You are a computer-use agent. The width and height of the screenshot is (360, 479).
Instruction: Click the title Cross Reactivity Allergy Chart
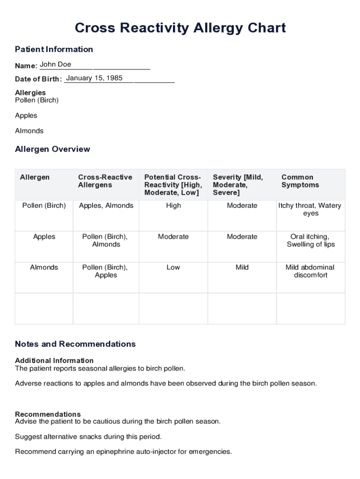tap(180, 28)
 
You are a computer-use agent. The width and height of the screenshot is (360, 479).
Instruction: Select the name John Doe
tap(56, 65)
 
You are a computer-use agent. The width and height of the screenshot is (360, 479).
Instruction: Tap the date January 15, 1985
tap(94, 78)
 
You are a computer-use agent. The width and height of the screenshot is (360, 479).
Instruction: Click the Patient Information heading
tap(54, 49)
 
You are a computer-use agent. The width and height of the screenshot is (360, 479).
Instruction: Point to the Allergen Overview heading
tap(52, 149)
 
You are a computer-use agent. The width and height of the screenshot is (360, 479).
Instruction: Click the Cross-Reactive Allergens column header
tap(105, 181)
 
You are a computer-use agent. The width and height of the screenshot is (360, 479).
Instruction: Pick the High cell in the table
tap(173, 205)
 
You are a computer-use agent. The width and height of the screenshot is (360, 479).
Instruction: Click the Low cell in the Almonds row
tap(173, 267)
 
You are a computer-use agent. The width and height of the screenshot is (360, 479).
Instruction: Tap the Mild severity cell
tap(242, 267)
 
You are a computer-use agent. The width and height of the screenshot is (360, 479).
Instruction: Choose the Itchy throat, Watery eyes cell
tap(310, 209)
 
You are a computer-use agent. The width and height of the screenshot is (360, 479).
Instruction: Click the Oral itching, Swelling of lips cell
tap(310, 240)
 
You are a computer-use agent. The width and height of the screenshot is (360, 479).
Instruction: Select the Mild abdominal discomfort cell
tap(310, 271)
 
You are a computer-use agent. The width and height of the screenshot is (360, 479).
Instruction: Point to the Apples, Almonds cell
tap(106, 205)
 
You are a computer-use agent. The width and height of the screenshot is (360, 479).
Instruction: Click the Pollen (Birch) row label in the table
tap(44, 205)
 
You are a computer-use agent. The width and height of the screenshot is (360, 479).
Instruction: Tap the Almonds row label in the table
tap(44, 267)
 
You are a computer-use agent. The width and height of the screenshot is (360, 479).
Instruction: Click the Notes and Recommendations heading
tap(75, 344)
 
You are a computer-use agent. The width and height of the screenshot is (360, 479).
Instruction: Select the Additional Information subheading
tap(54, 360)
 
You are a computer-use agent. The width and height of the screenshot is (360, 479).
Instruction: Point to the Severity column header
tap(238, 185)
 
